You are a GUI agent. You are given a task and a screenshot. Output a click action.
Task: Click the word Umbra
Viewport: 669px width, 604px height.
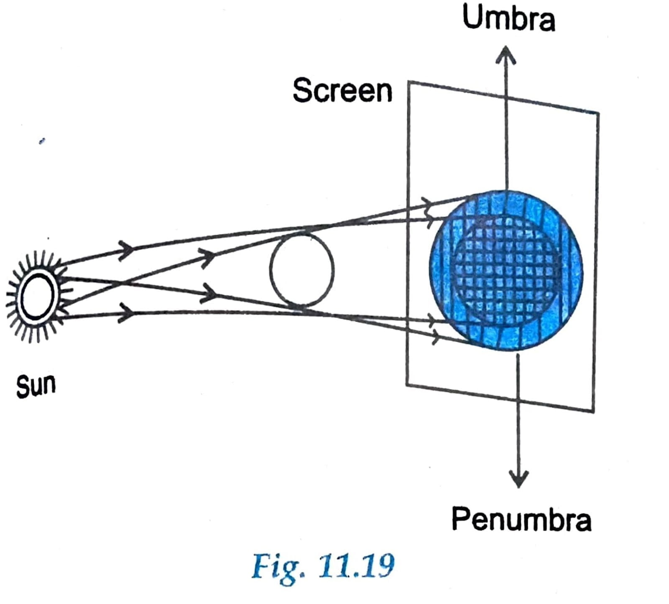(508, 18)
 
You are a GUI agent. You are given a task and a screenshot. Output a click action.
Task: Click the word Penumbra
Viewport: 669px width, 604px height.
(521, 520)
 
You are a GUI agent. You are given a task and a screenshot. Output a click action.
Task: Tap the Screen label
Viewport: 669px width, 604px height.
(342, 90)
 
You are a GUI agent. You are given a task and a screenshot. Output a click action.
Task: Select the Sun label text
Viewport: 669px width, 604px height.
(36, 386)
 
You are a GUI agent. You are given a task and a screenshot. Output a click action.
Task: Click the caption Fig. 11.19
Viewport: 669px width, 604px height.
(323, 565)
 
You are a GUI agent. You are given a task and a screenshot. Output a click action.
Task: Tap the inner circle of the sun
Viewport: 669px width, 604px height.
(37, 296)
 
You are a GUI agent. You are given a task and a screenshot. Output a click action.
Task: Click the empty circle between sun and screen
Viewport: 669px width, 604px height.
(301, 270)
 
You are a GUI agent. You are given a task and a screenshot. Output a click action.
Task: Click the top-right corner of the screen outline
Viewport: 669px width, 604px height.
(598, 113)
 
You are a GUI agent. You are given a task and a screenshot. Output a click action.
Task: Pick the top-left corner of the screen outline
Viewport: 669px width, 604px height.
(409, 82)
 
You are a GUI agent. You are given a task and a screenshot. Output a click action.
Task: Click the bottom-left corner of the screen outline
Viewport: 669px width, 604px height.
(407, 385)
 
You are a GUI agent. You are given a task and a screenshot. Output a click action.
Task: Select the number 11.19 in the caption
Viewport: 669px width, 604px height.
(355, 565)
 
